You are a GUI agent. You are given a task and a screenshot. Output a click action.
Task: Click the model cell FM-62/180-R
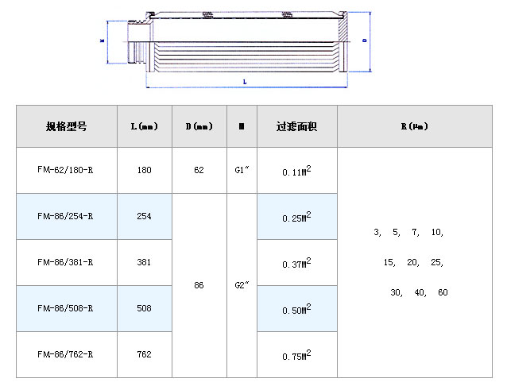pyautogui.click(x=66, y=170)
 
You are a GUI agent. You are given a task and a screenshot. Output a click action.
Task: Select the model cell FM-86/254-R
pyautogui.click(x=66, y=216)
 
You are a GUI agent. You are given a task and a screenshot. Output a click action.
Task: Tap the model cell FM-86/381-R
pyautogui.click(x=66, y=262)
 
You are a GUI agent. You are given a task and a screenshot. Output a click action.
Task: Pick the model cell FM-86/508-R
pyautogui.click(x=66, y=308)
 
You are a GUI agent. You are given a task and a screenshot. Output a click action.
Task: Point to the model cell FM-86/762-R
pyautogui.click(x=66, y=354)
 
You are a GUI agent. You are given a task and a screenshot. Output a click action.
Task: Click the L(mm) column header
pyautogui.click(x=144, y=126)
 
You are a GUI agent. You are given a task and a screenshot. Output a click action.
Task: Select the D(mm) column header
pyautogui.click(x=199, y=126)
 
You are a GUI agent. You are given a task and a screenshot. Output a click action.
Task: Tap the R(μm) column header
pyautogui.click(x=414, y=126)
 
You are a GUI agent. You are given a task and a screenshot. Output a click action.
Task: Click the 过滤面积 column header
pyautogui.click(x=296, y=126)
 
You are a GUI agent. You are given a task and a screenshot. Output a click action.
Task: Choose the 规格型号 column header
pyautogui.click(x=66, y=126)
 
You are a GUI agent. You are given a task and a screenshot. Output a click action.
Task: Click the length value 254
pyautogui.click(x=144, y=216)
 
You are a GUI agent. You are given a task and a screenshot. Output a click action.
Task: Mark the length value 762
pyautogui.click(x=144, y=354)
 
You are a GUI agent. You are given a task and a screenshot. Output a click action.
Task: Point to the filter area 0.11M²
pyautogui.click(x=296, y=171)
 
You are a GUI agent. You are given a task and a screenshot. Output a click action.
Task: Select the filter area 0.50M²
pyautogui.click(x=296, y=310)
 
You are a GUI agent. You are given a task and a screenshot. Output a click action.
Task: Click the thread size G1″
pyautogui.click(x=242, y=170)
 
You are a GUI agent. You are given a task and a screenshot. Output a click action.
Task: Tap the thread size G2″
pyautogui.click(x=242, y=285)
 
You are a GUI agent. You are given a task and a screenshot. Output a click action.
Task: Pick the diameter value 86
pyautogui.click(x=199, y=285)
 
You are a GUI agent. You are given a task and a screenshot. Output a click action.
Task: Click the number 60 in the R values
pyautogui.click(x=443, y=292)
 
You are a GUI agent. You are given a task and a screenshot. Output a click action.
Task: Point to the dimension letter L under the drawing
pyautogui.click(x=244, y=81)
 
